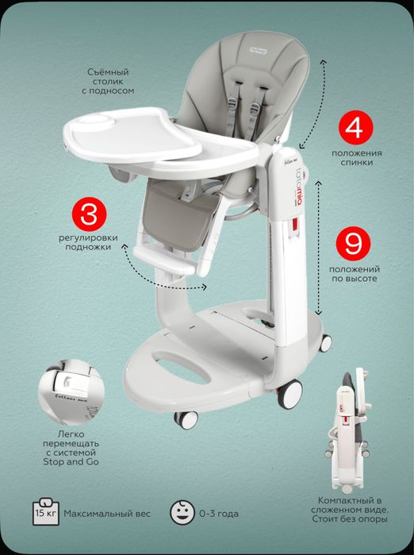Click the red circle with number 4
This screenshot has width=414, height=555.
(x=355, y=127)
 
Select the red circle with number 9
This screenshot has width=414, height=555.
(x=354, y=244)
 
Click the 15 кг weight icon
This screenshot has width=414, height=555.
(x=46, y=511)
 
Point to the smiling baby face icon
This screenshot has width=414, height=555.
(x=182, y=512)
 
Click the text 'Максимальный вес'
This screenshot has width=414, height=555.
(x=107, y=514)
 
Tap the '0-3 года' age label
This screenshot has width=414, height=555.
(x=219, y=514)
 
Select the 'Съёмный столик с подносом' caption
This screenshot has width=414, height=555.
(x=108, y=82)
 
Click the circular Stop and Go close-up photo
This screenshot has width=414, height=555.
(x=71, y=391)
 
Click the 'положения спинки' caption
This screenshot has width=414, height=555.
(x=356, y=158)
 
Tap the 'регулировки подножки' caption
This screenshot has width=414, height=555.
(x=88, y=242)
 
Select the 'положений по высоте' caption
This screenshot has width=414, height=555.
(x=355, y=274)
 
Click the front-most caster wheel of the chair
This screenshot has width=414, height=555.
(x=186, y=420)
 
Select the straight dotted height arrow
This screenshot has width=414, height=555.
(x=319, y=248)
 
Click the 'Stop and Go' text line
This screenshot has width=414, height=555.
(x=71, y=461)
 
